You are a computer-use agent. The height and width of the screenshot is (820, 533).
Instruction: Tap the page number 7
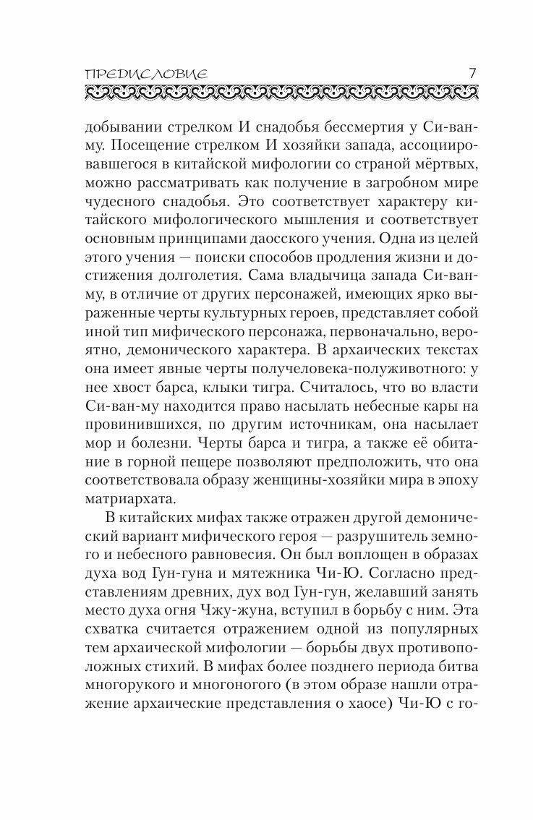(471, 72)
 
